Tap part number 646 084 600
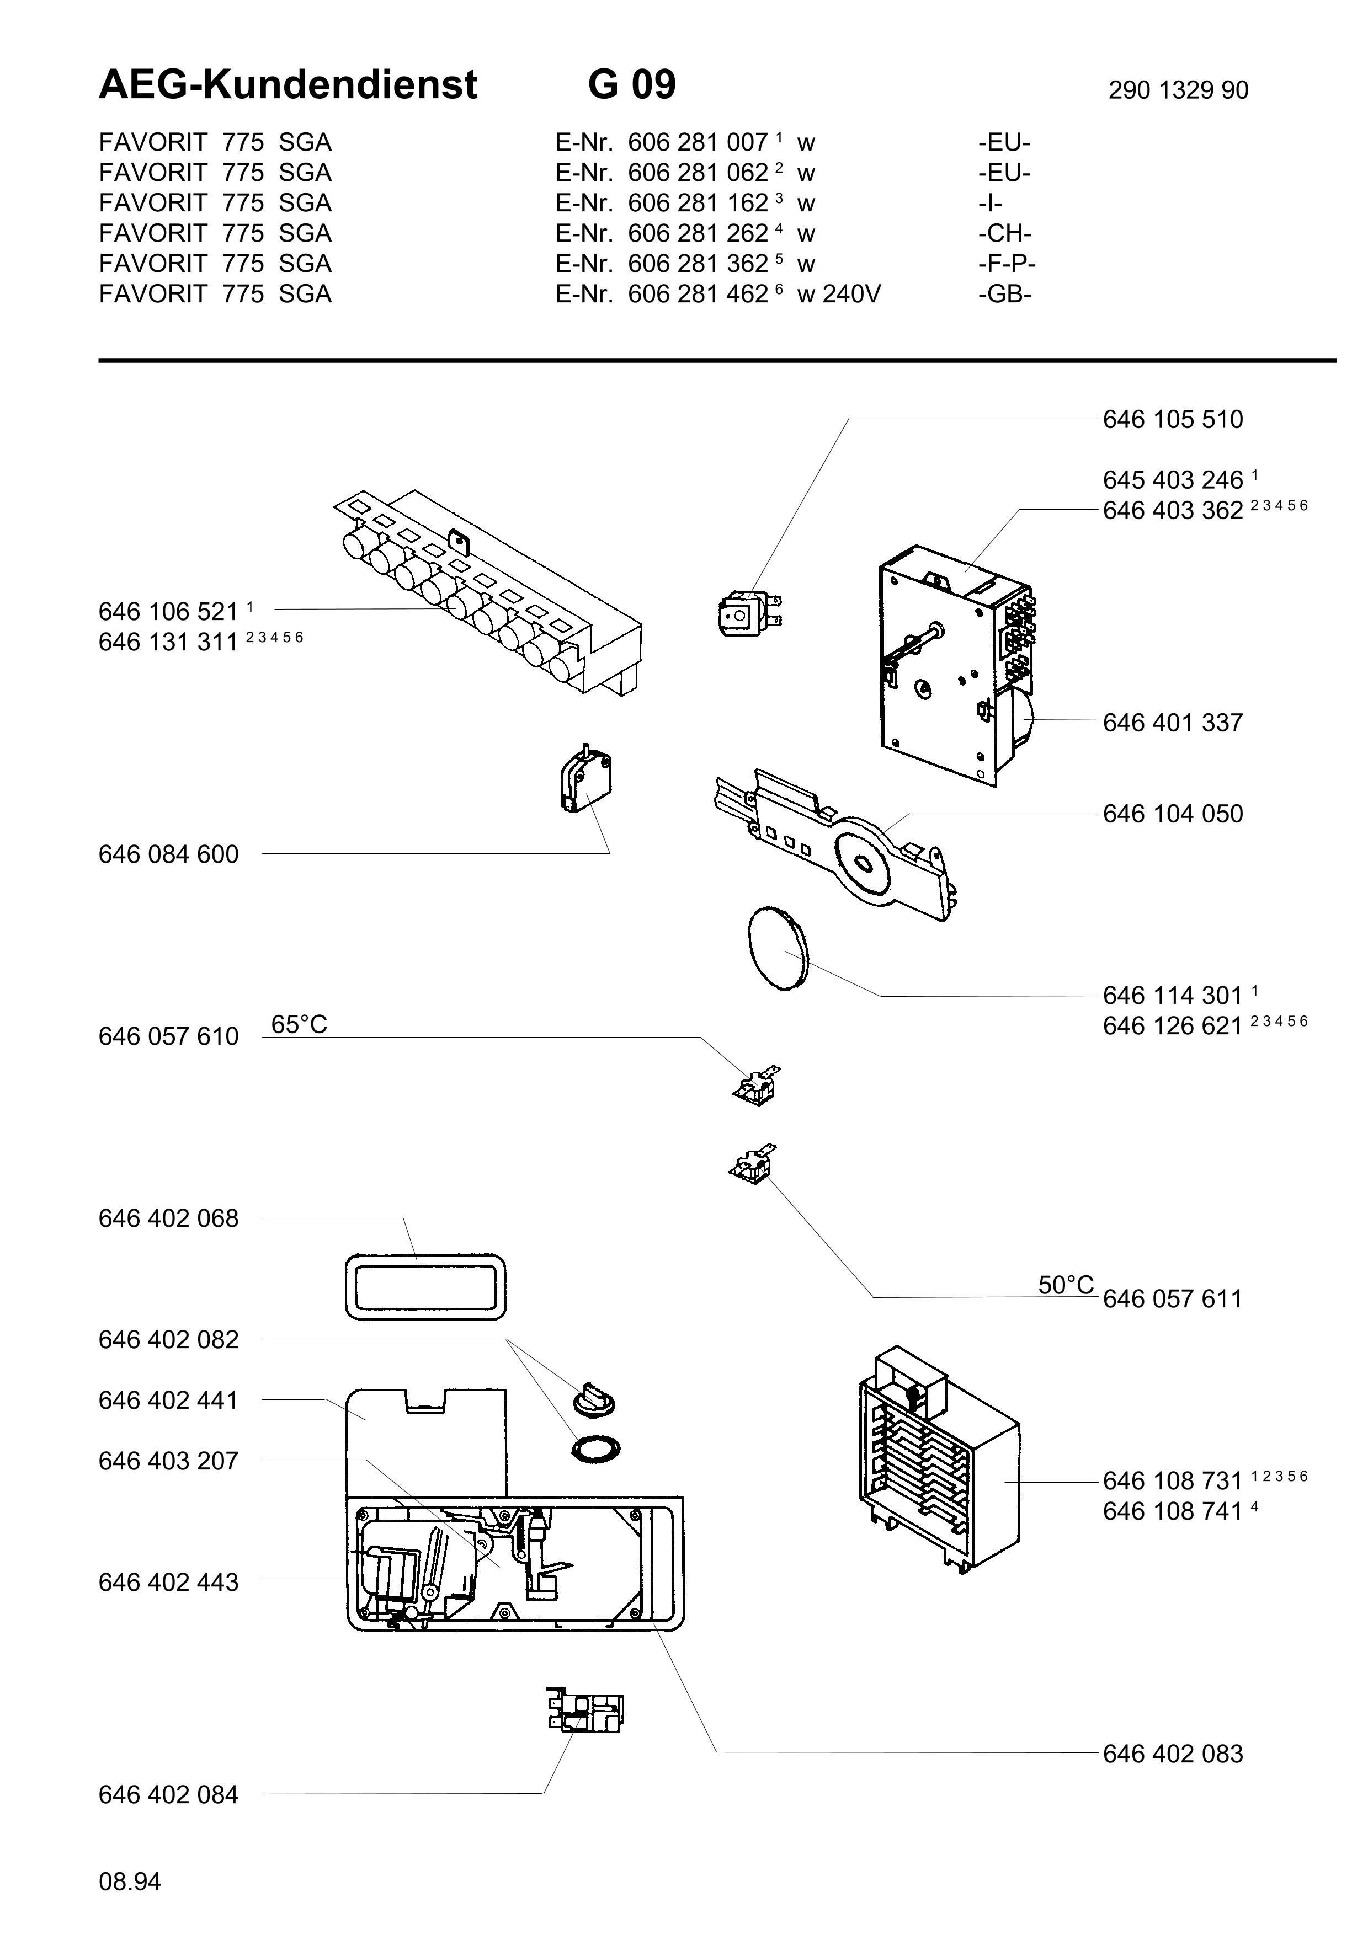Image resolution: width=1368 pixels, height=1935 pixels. (168, 854)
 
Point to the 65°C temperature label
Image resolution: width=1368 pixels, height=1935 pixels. (299, 1024)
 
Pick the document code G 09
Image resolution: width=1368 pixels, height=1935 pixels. (632, 84)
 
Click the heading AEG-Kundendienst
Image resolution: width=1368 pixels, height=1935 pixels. (288, 84)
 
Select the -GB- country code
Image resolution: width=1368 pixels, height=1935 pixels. (1005, 294)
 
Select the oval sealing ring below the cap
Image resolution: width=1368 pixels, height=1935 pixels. (596, 1448)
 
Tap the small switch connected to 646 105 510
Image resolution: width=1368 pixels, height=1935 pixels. (749, 611)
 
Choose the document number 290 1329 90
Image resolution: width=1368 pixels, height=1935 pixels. (1178, 90)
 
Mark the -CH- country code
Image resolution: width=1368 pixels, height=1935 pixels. (1005, 233)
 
